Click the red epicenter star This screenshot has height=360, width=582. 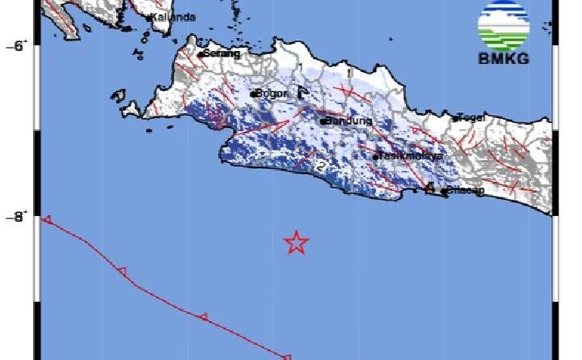297,242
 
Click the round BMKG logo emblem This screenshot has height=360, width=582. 503,26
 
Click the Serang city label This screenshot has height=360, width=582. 223,53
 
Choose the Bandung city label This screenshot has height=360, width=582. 349,121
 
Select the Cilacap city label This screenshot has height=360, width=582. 466,191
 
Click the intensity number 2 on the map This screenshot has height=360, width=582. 321,165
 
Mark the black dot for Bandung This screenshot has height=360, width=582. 323,121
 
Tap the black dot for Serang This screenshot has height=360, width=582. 204,54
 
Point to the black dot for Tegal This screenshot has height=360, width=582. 457,118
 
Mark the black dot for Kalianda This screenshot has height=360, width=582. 150,17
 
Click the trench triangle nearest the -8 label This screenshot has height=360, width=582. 48,219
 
